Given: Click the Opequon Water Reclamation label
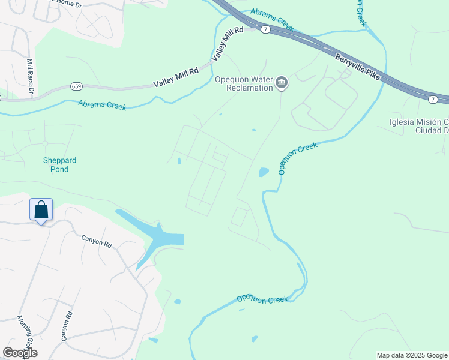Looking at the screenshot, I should point(244,83).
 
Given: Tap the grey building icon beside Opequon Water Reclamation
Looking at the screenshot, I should point(281,83).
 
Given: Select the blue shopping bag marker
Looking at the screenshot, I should point(41,211).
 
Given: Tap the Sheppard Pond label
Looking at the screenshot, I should point(59,164).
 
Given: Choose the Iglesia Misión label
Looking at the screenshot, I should point(418,126).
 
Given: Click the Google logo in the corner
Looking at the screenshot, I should point(20,353).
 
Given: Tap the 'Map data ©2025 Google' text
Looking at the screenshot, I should point(411,355).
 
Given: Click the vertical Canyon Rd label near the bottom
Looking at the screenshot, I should point(67,326).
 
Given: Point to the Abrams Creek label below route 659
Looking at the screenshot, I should point(102,105).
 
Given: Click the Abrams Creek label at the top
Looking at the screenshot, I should point(272,20).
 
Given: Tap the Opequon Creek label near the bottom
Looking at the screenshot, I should point(262,299).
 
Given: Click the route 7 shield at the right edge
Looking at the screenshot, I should point(432,98).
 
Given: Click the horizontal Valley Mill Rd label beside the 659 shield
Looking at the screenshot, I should point(176,78).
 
